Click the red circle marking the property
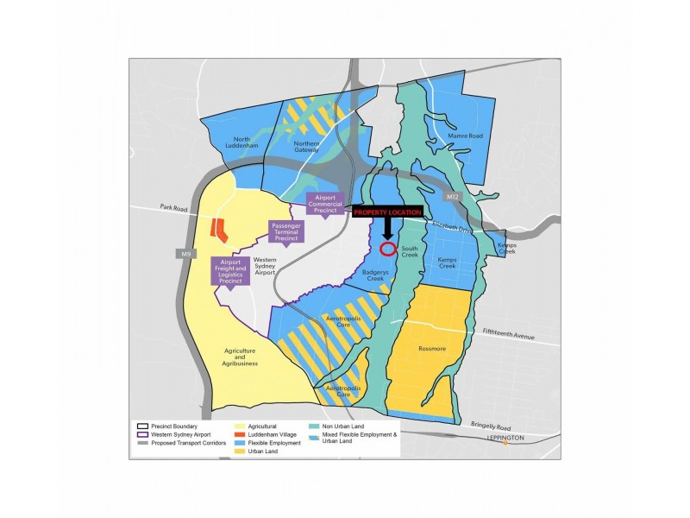388,250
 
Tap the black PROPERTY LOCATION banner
387,212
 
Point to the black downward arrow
387,228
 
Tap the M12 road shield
454,198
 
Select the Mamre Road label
463,136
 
